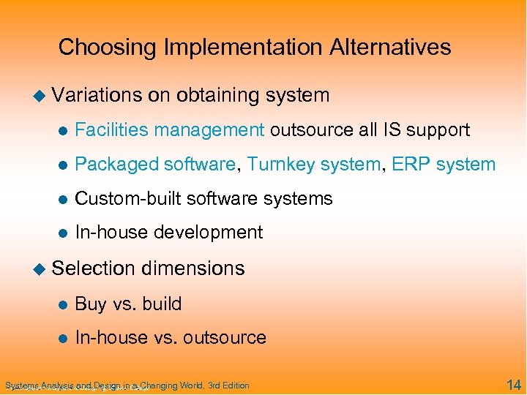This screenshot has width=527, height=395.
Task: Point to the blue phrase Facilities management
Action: click(170, 130)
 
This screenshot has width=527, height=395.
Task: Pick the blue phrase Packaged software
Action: click(156, 164)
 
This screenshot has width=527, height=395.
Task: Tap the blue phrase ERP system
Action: click(444, 164)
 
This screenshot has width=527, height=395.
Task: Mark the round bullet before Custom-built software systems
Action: click(63, 199)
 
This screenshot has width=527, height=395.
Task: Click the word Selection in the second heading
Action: click(93, 268)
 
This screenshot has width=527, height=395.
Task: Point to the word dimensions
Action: click(193, 268)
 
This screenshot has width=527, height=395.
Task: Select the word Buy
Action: click(91, 304)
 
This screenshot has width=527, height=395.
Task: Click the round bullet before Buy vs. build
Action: click(63, 304)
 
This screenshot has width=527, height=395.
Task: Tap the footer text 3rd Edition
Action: click(228, 385)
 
